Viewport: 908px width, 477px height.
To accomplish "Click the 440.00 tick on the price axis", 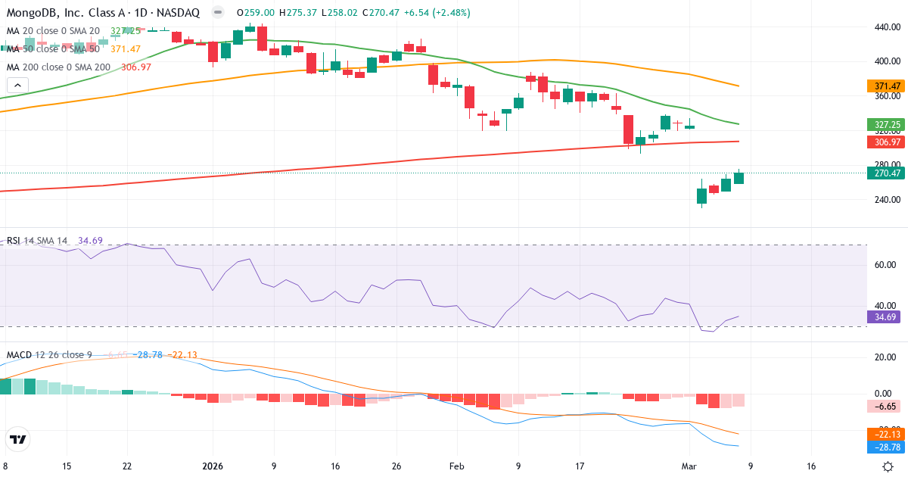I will tap(886, 26).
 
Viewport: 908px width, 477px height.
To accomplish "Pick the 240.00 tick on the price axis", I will tap(886, 200).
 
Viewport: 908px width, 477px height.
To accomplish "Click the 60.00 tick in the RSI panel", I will tap(886, 265).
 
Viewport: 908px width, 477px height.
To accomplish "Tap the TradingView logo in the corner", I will tap(17, 439).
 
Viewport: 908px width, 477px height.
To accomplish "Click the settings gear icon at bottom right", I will tap(888, 466).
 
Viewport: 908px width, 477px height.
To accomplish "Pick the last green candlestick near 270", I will tap(739, 177).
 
